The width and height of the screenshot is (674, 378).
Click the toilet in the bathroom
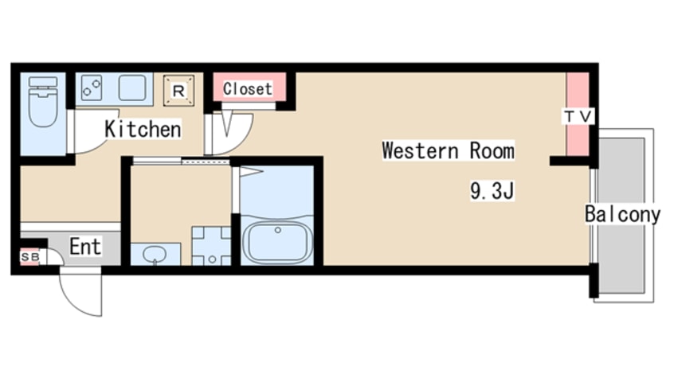42,102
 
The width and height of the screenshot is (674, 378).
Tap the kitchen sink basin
132,88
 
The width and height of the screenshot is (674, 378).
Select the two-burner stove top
92,88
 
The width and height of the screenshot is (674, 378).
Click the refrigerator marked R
178,91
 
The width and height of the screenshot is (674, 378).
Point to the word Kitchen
143,129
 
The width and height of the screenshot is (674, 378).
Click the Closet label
248,89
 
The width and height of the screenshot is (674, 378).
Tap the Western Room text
449,150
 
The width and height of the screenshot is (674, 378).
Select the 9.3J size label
492,191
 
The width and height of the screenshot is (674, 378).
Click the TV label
578,116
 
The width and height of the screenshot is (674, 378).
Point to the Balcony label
622,214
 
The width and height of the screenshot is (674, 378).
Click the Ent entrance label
85,247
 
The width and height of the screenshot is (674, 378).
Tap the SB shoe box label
30,257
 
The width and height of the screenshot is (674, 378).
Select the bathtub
277,242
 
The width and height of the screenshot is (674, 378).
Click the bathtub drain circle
278,230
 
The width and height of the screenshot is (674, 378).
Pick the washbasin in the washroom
155,254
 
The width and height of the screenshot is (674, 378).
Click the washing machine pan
211,246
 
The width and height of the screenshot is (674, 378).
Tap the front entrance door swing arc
74,303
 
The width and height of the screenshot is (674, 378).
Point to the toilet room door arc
97,144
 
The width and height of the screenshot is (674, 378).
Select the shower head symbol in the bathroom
251,172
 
